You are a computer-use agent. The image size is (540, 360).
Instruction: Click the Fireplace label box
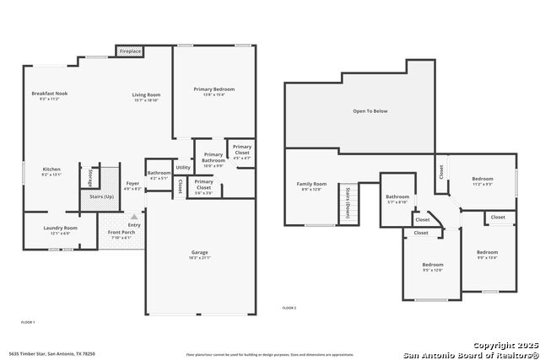[x=130, y=51]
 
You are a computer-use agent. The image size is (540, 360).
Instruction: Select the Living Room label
[x=146, y=94]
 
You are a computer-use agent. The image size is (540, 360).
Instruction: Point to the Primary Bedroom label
[x=213, y=89]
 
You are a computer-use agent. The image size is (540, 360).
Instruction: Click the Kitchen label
[x=51, y=169]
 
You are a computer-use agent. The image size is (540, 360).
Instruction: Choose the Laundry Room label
[x=60, y=228]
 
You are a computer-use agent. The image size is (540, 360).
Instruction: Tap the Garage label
[x=200, y=252]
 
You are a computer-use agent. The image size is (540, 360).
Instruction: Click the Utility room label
[x=183, y=168]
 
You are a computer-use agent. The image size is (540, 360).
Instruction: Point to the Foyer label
[x=132, y=183]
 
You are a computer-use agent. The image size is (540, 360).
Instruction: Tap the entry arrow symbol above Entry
[x=133, y=217]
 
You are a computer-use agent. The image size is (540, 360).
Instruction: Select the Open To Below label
[x=370, y=110]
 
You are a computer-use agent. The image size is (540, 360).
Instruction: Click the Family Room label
[x=310, y=183]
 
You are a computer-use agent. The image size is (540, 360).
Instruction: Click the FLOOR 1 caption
[x=28, y=322]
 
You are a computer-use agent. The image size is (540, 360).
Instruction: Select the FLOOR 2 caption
[x=289, y=308]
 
